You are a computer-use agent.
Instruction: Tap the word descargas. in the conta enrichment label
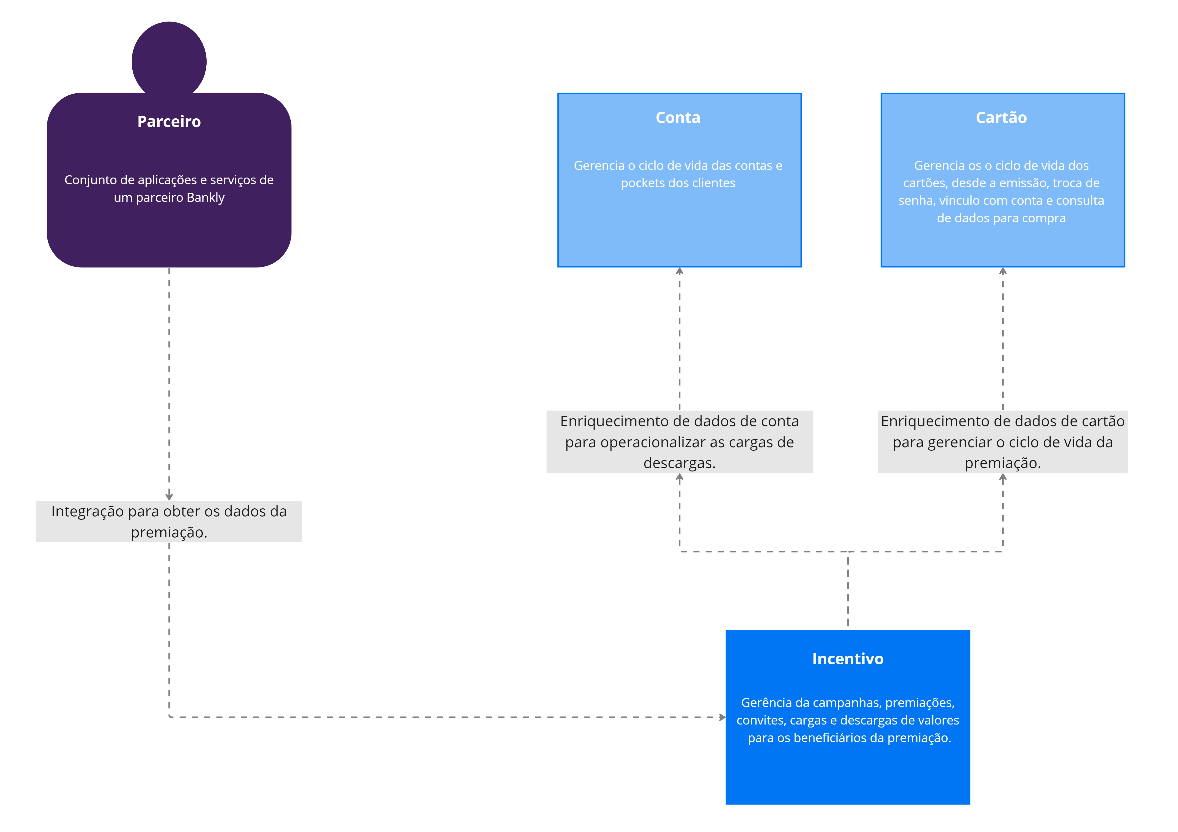pos(679,463)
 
